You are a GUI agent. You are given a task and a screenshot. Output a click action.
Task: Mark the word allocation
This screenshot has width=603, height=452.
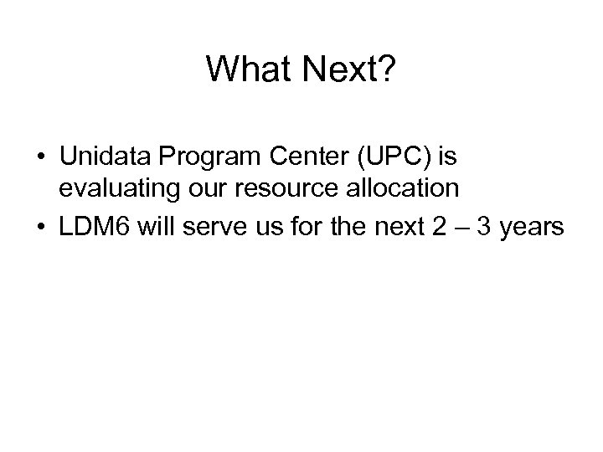[x=409, y=188]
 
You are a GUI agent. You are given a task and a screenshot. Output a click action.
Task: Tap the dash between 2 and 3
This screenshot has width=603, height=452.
[x=462, y=225]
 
